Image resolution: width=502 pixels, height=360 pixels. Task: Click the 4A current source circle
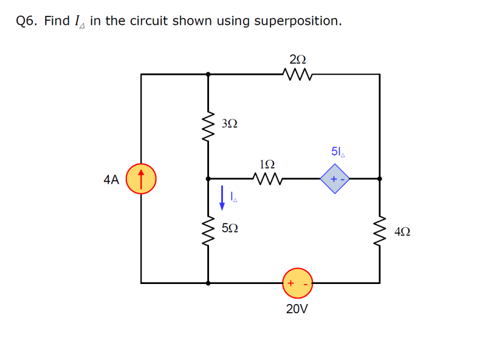[x=141, y=179]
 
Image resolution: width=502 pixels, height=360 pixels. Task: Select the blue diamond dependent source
[x=334, y=179]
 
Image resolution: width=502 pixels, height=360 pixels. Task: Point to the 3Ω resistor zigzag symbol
[x=208, y=126]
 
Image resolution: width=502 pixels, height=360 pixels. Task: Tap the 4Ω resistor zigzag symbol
[x=380, y=231]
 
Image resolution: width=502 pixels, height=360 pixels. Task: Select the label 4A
[x=111, y=179]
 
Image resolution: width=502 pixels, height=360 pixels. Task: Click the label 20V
[x=297, y=309]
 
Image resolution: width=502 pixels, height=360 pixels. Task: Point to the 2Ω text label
[x=298, y=59]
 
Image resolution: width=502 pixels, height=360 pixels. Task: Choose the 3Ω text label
[x=230, y=123]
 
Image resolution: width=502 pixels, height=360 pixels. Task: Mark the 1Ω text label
[x=266, y=164]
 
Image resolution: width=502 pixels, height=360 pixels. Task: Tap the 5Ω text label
[x=230, y=228]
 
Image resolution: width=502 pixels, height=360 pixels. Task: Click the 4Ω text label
[x=402, y=232]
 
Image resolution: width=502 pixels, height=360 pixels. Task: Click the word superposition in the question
[x=297, y=21]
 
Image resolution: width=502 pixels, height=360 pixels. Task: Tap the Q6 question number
[x=27, y=21]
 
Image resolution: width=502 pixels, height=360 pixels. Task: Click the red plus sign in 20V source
[x=291, y=283]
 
